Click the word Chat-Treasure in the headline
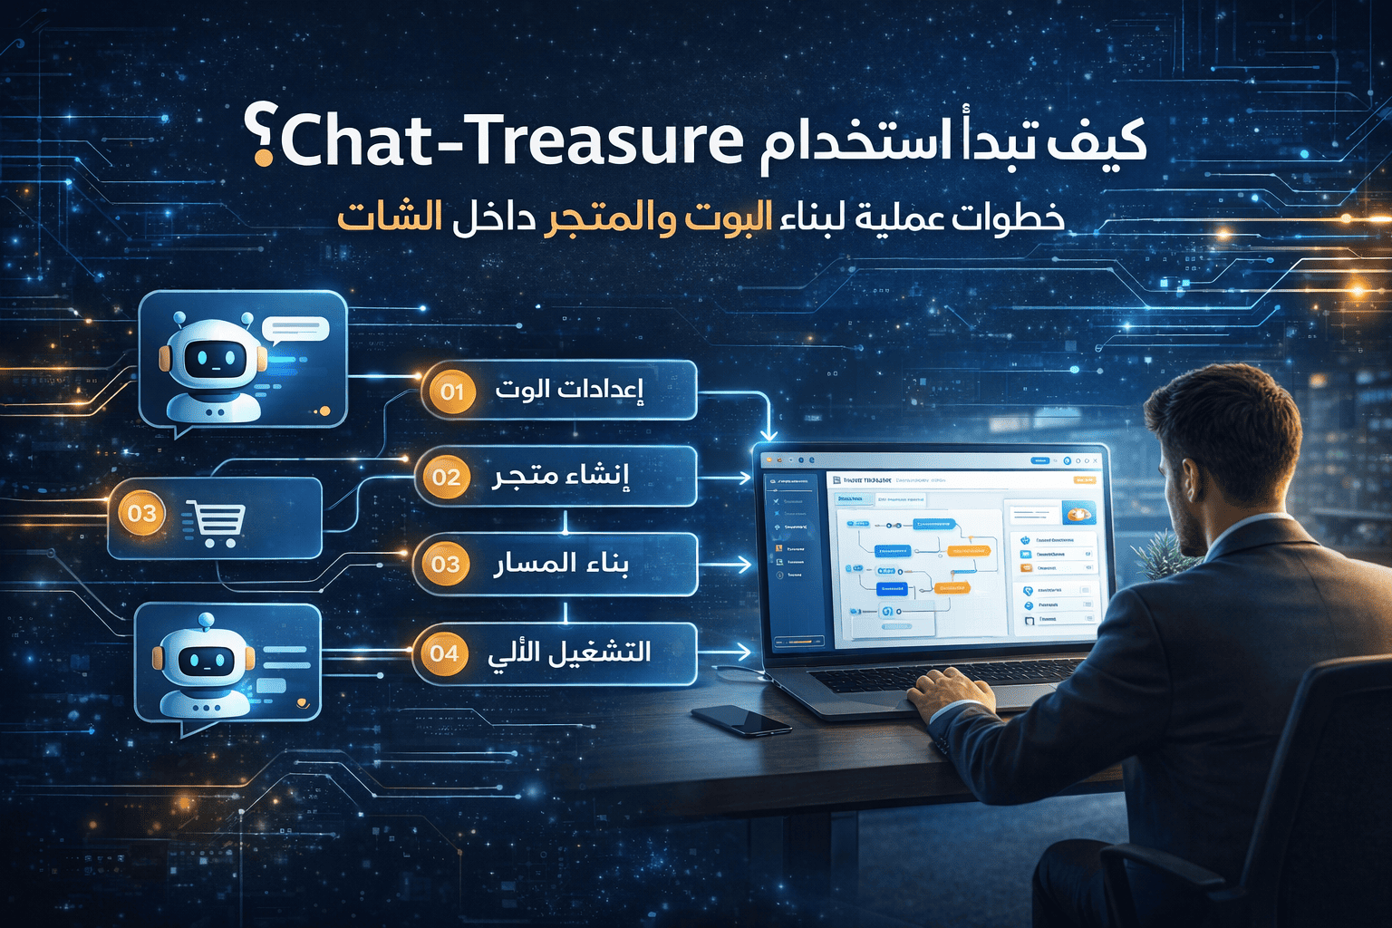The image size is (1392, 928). point(513,141)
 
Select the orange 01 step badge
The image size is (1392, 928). point(452,391)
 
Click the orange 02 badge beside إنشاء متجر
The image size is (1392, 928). point(446,477)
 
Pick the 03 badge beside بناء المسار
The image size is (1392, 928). point(445,565)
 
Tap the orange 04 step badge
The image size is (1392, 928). point(444,652)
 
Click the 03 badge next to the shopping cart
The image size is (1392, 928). point(142,514)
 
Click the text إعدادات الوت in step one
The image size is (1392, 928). point(569,390)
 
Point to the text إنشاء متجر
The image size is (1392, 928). point(561,476)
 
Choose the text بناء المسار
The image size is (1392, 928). point(561,564)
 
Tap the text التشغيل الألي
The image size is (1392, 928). point(569,652)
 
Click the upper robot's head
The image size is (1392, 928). point(213,359)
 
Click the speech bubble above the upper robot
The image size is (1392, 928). point(294,328)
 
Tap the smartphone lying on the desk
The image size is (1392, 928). point(741,720)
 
